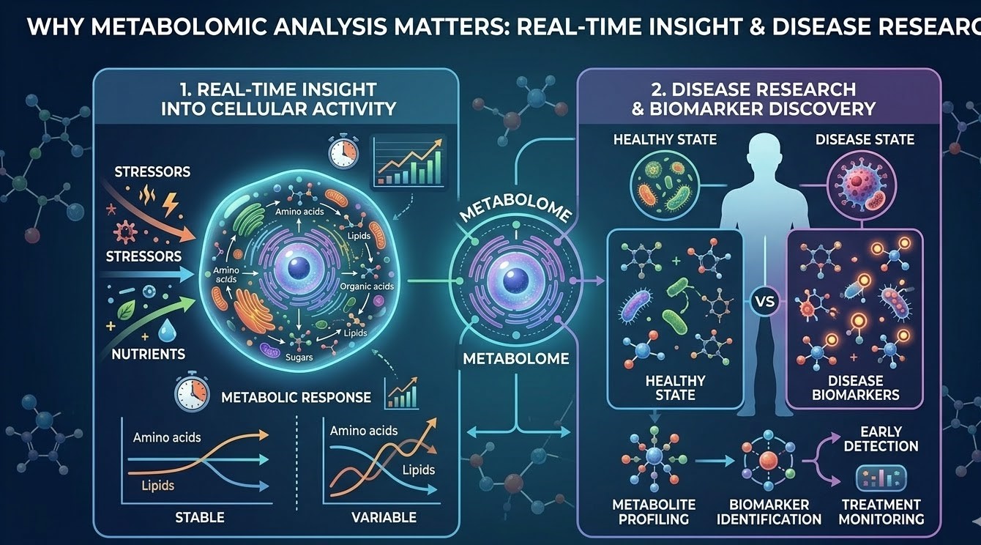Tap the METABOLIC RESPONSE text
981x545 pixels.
[x=296, y=398]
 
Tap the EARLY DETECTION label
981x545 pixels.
[x=881, y=438]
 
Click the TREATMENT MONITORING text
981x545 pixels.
[x=881, y=511]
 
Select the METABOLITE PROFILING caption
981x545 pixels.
[x=654, y=511]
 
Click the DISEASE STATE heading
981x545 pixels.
[x=865, y=139]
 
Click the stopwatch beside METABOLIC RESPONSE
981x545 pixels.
[x=193, y=393]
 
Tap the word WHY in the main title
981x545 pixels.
[x=53, y=29]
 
